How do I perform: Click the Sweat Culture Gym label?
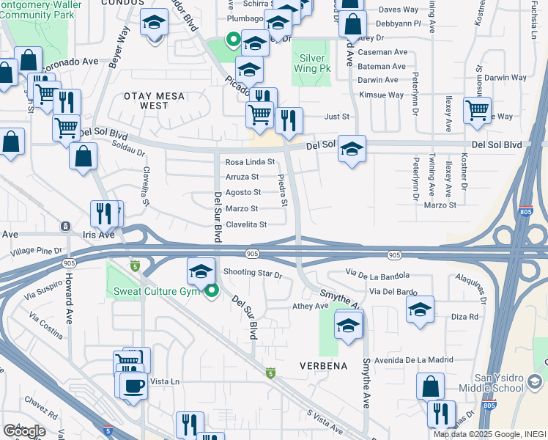click(x=157, y=292)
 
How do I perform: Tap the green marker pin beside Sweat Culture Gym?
click(x=212, y=291)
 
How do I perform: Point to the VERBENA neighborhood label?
click(x=322, y=364)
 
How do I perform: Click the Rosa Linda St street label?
click(x=250, y=162)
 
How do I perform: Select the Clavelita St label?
click(x=246, y=225)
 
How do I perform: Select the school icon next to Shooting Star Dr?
click(x=201, y=271)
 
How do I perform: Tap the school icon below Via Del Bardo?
click(x=420, y=309)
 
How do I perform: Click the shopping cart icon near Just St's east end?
click(x=477, y=110)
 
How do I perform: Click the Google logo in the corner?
click(x=24, y=431)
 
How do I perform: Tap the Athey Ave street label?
click(x=311, y=306)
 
